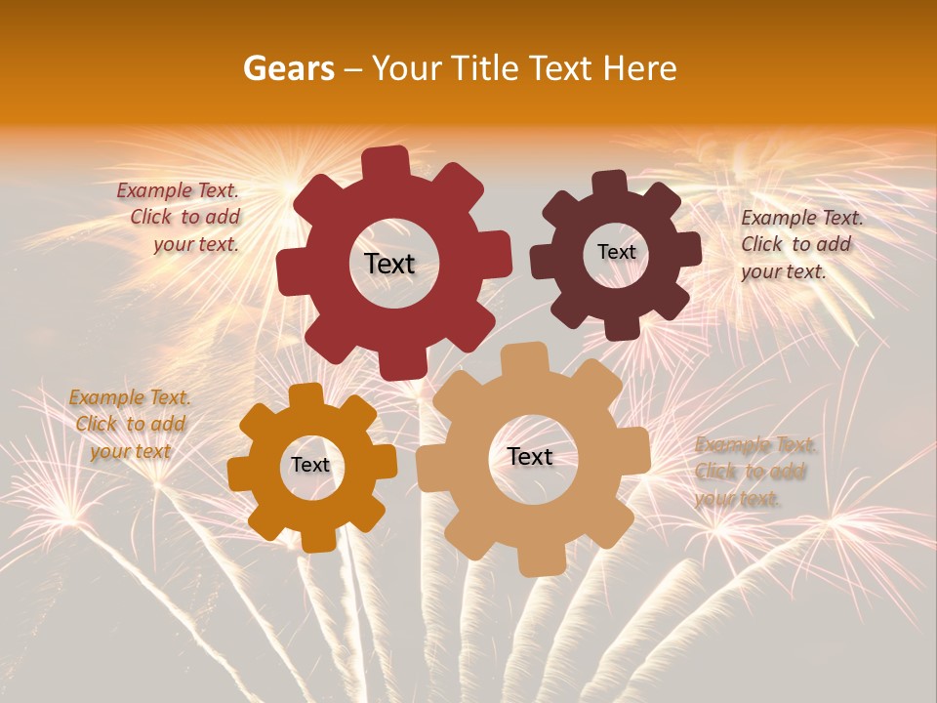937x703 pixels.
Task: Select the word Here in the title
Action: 640,68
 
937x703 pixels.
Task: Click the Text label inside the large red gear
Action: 389,264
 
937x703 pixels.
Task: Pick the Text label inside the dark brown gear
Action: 616,252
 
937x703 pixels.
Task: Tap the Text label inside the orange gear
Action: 310,465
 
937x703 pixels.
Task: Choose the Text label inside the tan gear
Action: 530,456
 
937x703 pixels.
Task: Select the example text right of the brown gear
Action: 800,244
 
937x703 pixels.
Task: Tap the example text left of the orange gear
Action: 129,424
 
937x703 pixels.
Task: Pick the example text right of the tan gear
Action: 754,472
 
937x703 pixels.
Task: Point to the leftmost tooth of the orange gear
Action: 240,474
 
